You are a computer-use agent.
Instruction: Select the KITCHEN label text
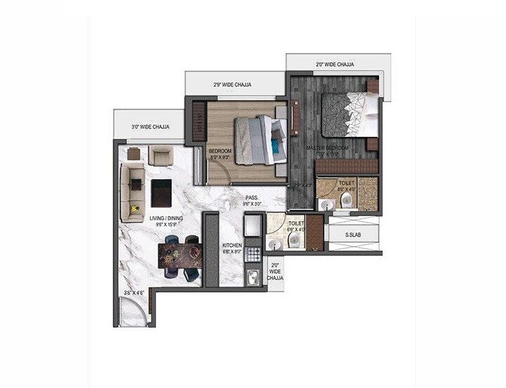point(232,246)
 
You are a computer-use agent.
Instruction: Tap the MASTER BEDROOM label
point(327,149)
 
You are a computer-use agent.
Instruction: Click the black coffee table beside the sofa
point(161,192)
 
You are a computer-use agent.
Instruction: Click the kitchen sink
point(253,276)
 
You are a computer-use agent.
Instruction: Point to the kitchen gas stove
point(253,253)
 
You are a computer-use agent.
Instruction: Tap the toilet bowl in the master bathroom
point(346,201)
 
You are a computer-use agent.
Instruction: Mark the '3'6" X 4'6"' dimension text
point(133,293)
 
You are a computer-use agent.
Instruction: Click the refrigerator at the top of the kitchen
point(253,226)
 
